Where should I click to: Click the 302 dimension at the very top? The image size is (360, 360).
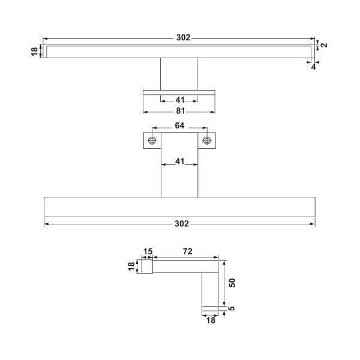coord(183,37)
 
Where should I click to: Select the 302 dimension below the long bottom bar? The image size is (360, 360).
coord(182,224)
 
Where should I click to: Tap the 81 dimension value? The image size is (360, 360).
coord(180,111)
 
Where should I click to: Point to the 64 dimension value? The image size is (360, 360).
coord(179,125)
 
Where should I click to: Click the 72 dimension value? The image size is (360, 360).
coord(188,251)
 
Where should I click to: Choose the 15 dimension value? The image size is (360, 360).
coord(148,251)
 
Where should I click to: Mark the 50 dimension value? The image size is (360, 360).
coord(232,283)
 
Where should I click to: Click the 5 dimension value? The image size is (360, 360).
coord(232,308)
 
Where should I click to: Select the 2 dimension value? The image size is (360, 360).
coord(324,45)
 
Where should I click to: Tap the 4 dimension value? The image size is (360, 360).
coord(313,67)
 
